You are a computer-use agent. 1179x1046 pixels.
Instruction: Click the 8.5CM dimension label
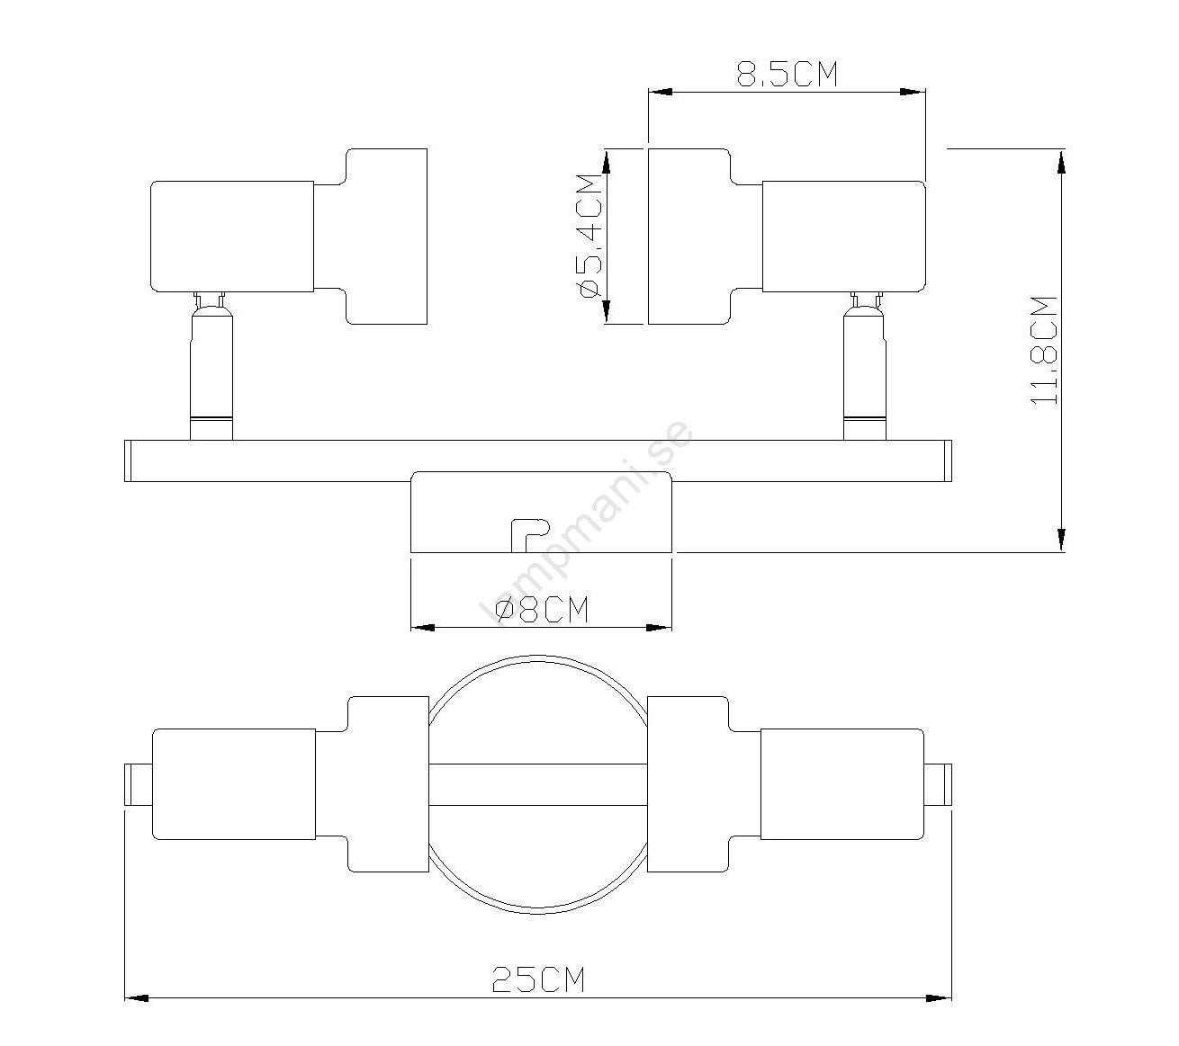[787, 74]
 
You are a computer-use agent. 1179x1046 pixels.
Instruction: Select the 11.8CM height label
[1043, 350]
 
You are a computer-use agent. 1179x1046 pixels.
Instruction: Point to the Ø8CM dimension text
[541, 610]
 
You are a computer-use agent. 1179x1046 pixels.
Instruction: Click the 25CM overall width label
[537, 979]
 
